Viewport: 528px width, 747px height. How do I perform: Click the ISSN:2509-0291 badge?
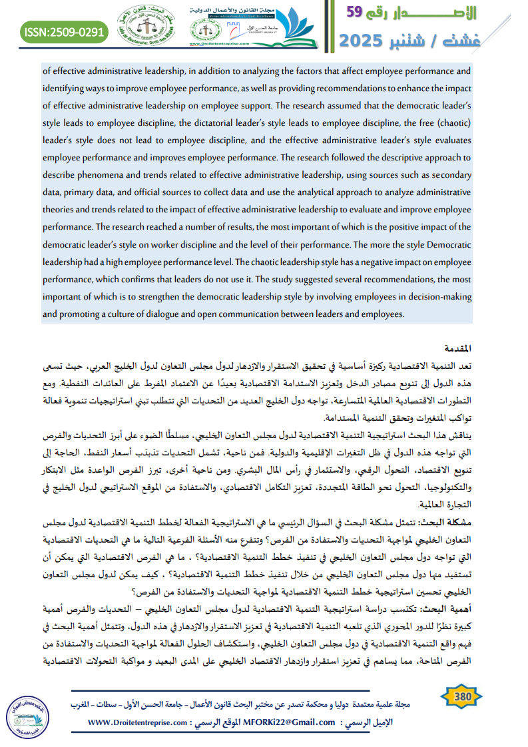point(65,32)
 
